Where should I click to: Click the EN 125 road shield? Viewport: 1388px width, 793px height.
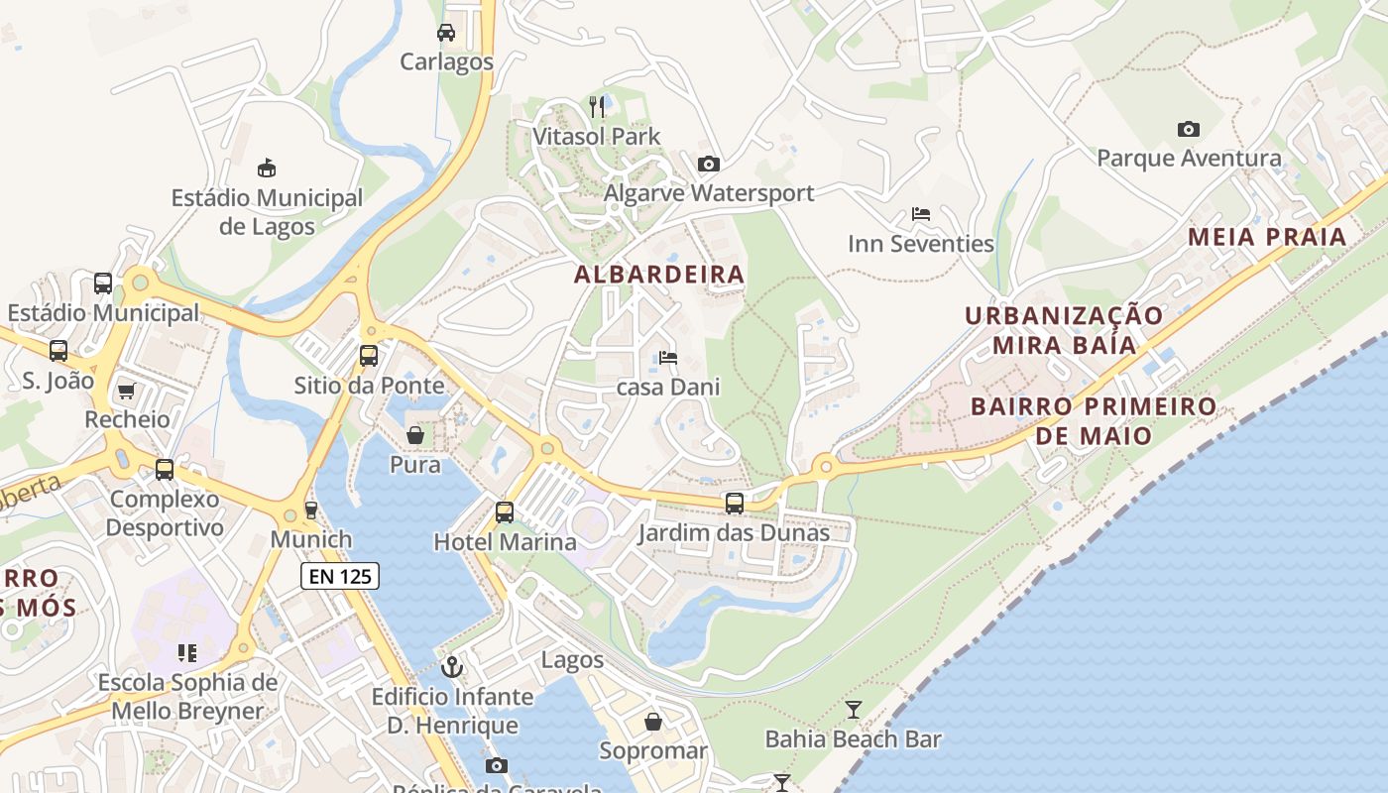[340, 575]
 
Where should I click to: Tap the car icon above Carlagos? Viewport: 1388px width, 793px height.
[446, 33]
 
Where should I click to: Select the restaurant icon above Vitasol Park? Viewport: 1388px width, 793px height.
[597, 106]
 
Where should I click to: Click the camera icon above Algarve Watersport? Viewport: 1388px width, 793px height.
[708, 164]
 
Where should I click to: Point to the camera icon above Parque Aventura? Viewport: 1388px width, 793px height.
[1188, 129]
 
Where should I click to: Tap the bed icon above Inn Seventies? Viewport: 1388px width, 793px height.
[920, 214]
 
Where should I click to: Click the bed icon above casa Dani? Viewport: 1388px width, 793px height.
[668, 358]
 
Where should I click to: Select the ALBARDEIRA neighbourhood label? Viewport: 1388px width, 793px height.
[659, 275]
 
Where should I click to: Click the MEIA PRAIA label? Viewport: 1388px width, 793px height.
[1267, 237]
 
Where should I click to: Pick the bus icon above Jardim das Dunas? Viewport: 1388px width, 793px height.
[734, 504]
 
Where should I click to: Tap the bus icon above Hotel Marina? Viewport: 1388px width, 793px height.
[505, 512]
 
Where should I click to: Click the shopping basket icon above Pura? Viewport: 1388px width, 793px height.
[415, 435]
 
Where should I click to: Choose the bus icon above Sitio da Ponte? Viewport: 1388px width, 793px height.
[369, 356]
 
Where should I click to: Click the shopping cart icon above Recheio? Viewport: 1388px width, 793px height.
[126, 391]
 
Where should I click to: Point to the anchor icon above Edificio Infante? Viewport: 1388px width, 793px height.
[452, 667]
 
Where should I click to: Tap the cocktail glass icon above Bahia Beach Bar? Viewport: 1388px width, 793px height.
[853, 709]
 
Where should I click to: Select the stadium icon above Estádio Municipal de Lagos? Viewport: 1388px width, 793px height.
[266, 168]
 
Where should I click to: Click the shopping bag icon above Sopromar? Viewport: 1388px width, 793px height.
[652, 721]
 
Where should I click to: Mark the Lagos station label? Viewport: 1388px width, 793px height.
[572, 659]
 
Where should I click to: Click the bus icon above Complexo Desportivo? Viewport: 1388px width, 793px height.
[165, 470]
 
